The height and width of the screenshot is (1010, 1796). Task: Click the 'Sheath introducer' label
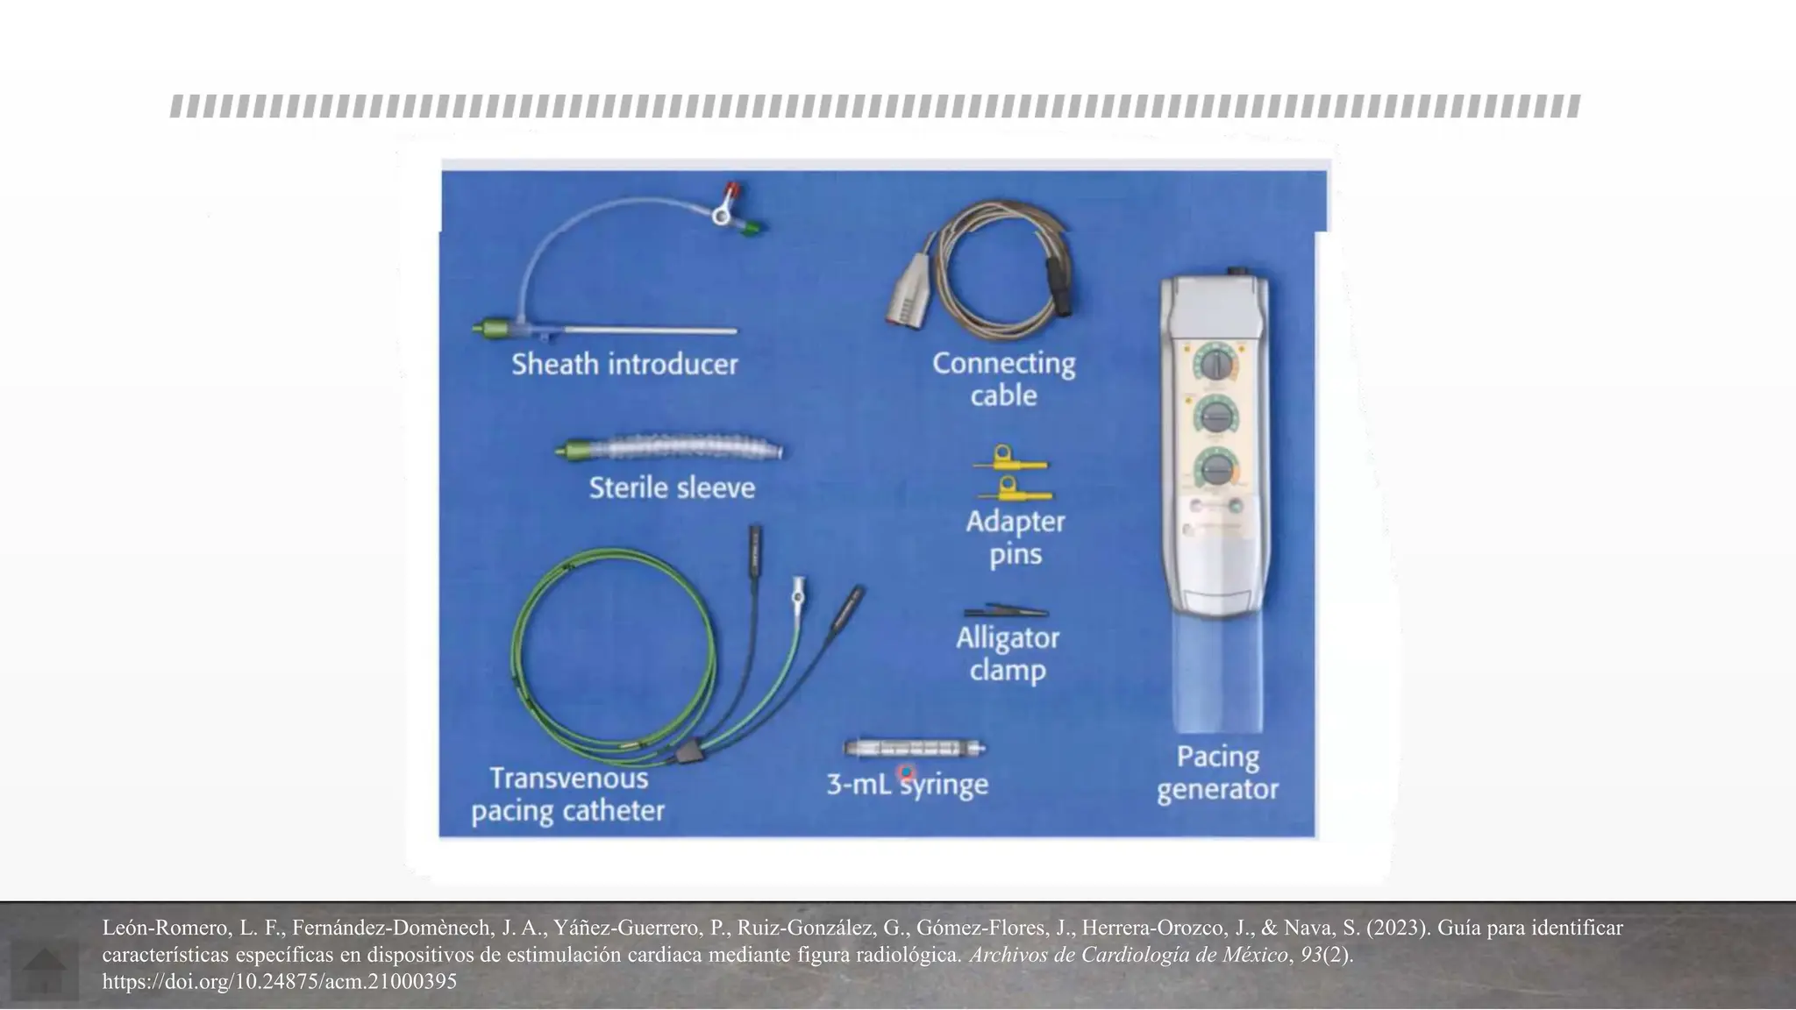pos(624,364)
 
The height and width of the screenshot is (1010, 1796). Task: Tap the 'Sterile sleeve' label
pos(672,487)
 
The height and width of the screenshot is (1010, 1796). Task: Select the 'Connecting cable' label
pos(1004,379)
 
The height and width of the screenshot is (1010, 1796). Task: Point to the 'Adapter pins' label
pos(1016,537)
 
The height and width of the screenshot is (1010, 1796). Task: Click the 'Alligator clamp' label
pos(1008,654)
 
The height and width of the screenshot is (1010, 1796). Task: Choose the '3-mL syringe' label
pos(908,784)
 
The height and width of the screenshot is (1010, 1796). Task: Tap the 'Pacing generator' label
pos(1217,772)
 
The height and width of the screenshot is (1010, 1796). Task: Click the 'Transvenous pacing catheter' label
pos(568,794)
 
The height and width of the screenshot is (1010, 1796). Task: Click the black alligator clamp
pos(1006,610)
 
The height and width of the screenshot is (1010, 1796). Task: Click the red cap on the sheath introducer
pos(731,190)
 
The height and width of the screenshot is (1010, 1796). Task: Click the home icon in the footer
pos(44,971)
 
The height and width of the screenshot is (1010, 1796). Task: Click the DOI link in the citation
pos(280,982)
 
